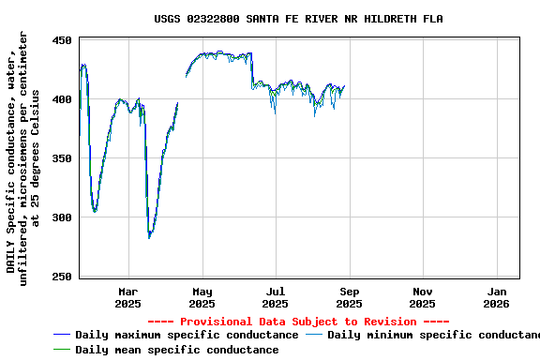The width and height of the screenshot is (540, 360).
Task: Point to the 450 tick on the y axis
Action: (62, 40)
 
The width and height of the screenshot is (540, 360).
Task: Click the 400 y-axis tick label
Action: (62, 99)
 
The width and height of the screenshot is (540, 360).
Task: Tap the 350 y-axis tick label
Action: (62, 158)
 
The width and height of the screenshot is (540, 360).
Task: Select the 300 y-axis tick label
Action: (62, 217)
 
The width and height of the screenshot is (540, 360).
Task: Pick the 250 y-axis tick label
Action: (62, 277)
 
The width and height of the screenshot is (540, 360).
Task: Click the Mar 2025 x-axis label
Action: (128, 297)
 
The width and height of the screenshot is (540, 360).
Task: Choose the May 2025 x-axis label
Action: (202, 297)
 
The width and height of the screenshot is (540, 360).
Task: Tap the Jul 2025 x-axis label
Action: (275, 297)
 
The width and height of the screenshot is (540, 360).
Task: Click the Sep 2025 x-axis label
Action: (349, 297)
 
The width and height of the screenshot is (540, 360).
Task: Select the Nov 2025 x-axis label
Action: (422, 297)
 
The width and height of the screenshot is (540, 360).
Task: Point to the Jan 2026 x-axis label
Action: (496, 297)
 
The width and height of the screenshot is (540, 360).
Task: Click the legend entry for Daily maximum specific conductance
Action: (187, 335)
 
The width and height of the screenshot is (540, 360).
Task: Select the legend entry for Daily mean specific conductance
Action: (176, 350)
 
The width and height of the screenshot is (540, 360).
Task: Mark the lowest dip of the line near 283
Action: (149, 237)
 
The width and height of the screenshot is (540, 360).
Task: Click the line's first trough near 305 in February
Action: (95, 211)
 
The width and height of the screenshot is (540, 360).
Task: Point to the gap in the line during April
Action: (182, 89)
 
